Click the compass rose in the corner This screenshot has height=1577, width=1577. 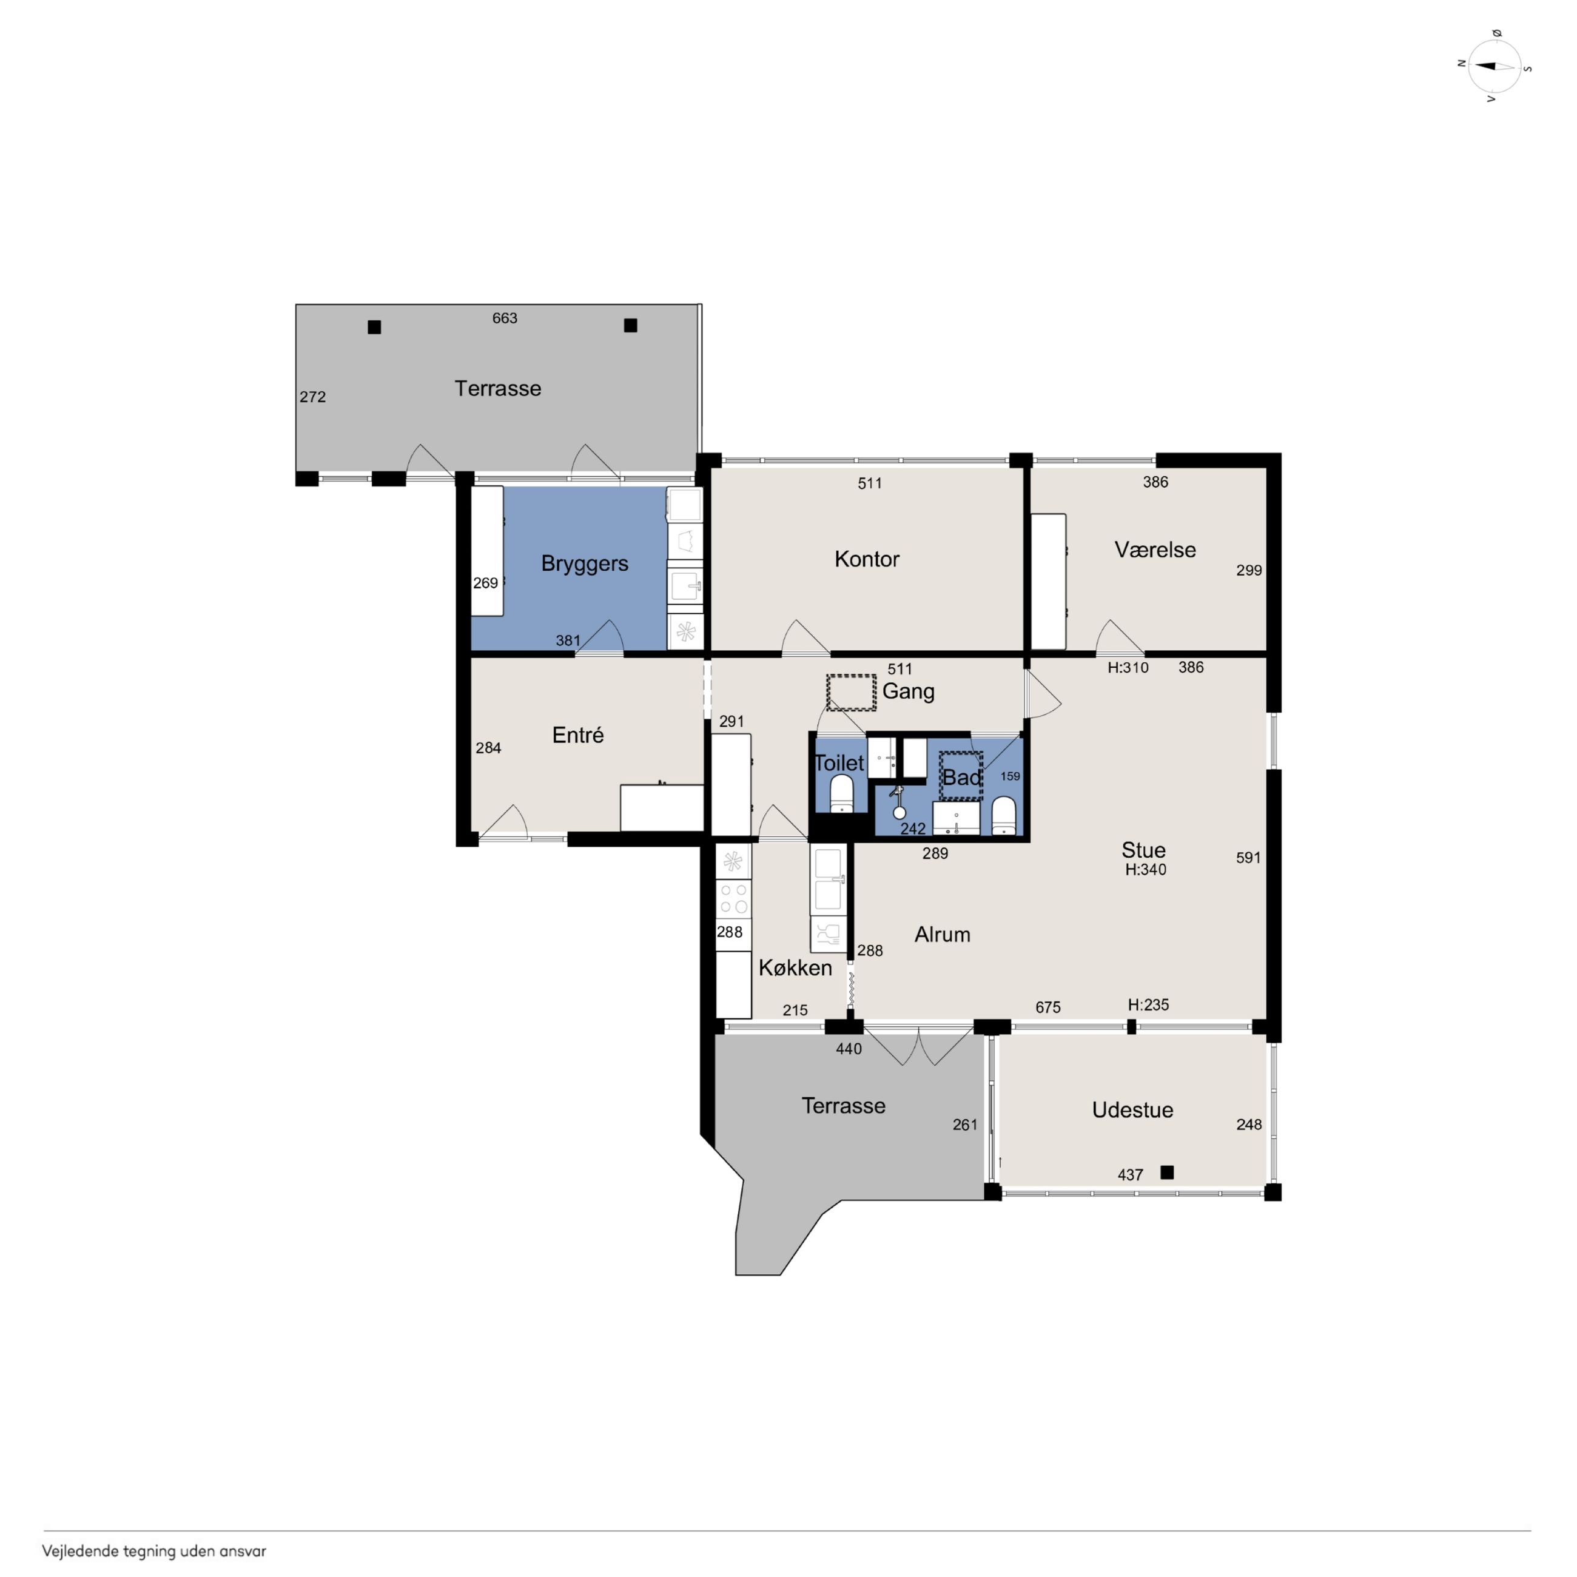pyautogui.click(x=1494, y=66)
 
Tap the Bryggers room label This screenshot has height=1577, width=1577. pyautogui.click(x=585, y=564)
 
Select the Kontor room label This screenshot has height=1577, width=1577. pyautogui.click(x=867, y=559)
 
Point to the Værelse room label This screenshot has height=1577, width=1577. pyautogui.click(x=1155, y=550)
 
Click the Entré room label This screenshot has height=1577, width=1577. pyautogui.click(x=578, y=735)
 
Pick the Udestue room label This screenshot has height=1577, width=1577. pyautogui.click(x=1132, y=1109)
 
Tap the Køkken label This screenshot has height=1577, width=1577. pyautogui.click(x=795, y=967)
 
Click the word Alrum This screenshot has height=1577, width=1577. pyautogui.click(x=942, y=935)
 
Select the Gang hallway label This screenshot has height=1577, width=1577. pyautogui.click(x=909, y=691)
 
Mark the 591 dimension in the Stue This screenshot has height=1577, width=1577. pyautogui.click(x=1248, y=858)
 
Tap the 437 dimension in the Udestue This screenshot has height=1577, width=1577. pyautogui.click(x=1130, y=1175)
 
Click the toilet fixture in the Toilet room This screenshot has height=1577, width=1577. pyautogui.click(x=841, y=793)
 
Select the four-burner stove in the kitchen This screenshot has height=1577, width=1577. pyautogui.click(x=733, y=898)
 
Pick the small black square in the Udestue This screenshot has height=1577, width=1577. pyautogui.click(x=1167, y=1172)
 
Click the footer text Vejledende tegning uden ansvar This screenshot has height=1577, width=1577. pyautogui.click(x=154, y=1551)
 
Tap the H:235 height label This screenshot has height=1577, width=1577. pyautogui.click(x=1148, y=1005)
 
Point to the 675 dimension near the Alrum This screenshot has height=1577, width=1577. pyautogui.click(x=1048, y=1007)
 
